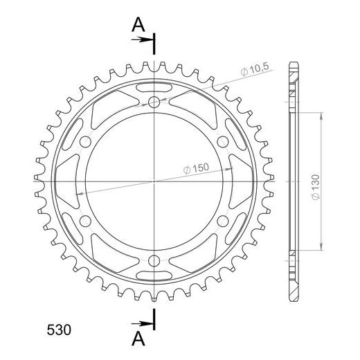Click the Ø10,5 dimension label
click(x=255, y=69)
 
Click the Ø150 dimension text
click(x=196, y=168)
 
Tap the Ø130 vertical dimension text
click(x=316, y=187)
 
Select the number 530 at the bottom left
click(x=59, y=330)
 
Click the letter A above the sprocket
click(x=138, y=24)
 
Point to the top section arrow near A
click(x=142, y=39)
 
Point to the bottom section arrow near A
click(x=142, y=323)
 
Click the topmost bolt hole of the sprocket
click(x=154, y=102)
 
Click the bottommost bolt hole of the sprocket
click(x=154, y=261)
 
